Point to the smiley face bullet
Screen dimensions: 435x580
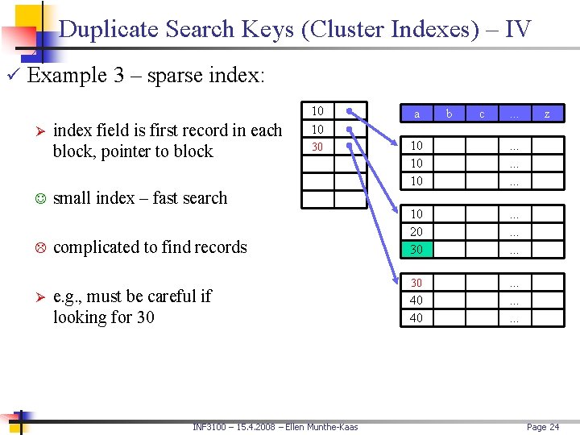[39, 198]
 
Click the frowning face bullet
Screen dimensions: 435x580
[39, 247]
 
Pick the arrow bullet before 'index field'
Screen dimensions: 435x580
[39, 131]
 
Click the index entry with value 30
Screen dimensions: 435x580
[317, 147]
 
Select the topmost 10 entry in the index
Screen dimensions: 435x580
[317, 110]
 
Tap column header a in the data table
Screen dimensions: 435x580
[416, 115]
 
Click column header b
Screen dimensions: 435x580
[449, 114]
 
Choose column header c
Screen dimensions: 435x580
[482, 115]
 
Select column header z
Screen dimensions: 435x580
[547, 115]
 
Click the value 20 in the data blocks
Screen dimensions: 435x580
[416, 232]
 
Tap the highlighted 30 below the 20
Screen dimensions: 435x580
[416, 250]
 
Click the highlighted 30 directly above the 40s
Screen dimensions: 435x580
[416, 283]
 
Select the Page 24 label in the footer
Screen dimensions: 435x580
[542, 427]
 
